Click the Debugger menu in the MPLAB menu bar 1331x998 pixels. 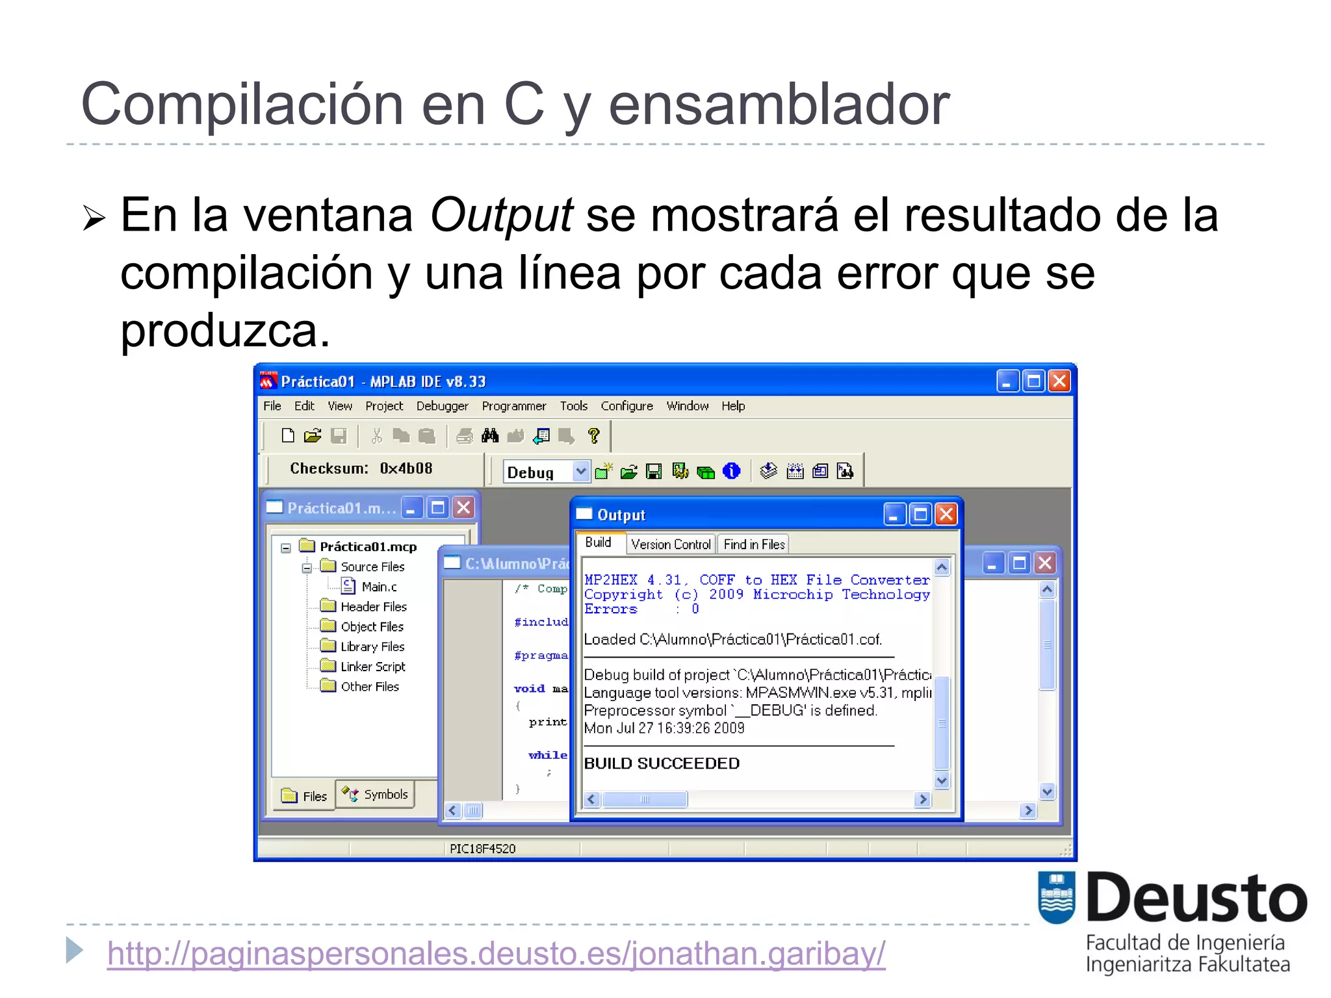(442, 406)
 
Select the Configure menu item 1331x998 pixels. (627, 406)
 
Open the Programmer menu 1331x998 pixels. (513, 406)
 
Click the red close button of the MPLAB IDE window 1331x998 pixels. (1059, 381)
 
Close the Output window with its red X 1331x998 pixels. (946, 515)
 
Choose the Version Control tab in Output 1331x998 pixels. (671, 544)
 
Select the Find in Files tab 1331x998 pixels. (754, 544)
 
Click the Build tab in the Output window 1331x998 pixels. (598, 543)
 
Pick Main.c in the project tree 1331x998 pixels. (379, 587)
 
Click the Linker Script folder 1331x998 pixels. (372, 667)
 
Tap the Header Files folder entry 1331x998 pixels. (373, 607)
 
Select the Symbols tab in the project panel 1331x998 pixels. (377, 795)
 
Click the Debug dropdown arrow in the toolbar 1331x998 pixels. (580, 471)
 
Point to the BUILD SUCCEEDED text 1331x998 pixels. (662, 763)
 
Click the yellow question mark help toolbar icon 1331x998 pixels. (593, 436)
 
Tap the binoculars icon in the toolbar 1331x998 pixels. (490, 436)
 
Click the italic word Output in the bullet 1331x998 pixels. (501, 215)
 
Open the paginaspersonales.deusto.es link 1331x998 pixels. (496, 954)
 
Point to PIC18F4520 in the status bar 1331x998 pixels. (482, 849)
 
